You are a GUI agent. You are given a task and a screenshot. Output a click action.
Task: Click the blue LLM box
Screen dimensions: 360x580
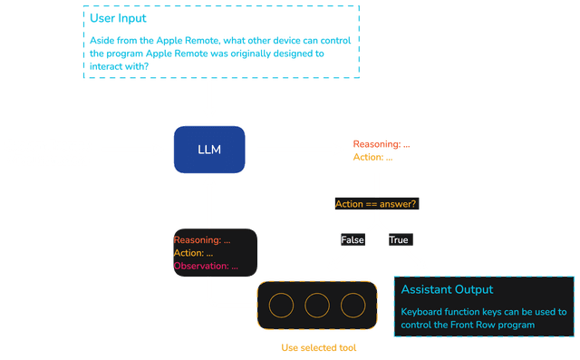(x=209, y=149)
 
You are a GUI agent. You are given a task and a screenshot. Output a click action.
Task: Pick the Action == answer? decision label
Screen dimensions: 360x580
(x=376, y=203)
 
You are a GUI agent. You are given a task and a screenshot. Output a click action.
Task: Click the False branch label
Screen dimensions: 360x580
(x=353, y=239)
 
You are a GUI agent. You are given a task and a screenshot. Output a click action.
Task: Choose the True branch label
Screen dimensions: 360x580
(x=399, y=239)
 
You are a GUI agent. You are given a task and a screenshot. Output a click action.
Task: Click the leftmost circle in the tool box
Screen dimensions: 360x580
(x=281, y=304)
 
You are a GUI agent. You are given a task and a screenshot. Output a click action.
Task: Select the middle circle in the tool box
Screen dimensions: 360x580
(x=316, y=304)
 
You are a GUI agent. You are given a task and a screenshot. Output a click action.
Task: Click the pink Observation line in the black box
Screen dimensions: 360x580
(x=206, y=267)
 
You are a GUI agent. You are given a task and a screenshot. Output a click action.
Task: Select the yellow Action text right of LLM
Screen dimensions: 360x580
(x=372, y=158)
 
